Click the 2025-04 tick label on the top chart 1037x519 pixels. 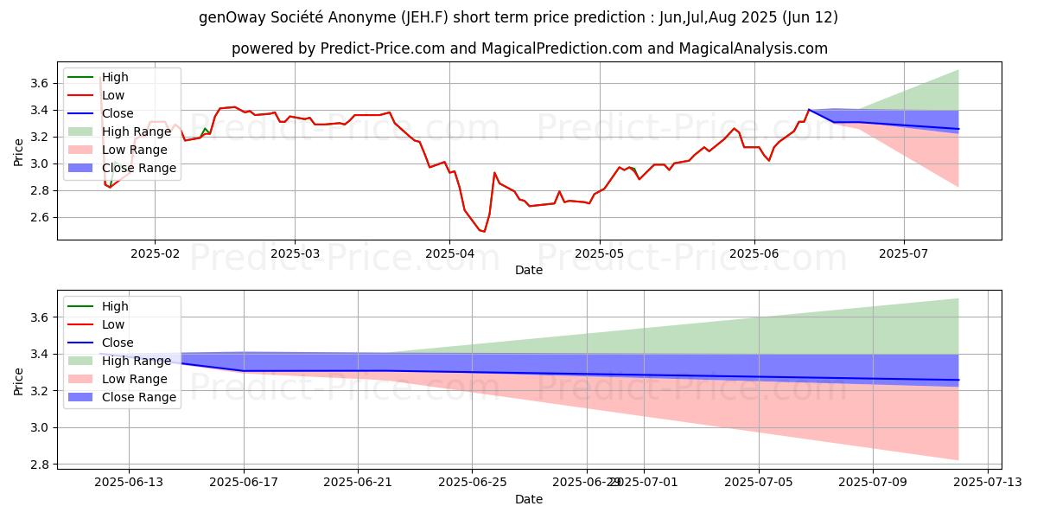(449, 253)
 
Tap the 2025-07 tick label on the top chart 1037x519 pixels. (904, 253)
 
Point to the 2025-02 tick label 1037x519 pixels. (155, 253)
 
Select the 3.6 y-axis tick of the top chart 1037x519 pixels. (39, 84)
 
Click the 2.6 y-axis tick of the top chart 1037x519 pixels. (39, 218)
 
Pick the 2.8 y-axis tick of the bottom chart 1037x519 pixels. (39, 465)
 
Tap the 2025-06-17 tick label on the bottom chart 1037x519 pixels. (243, 483)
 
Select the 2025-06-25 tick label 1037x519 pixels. (472, 483)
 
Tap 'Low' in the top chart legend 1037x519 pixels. (113, 95)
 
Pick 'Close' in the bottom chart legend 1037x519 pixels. (118, 343)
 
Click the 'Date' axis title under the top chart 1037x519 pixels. (529, 270)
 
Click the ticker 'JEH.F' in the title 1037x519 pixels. (436, 17)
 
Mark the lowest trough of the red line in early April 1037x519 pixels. (484, 231)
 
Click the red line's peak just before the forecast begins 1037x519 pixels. (809, 110)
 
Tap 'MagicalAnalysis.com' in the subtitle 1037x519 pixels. (754, 48)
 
